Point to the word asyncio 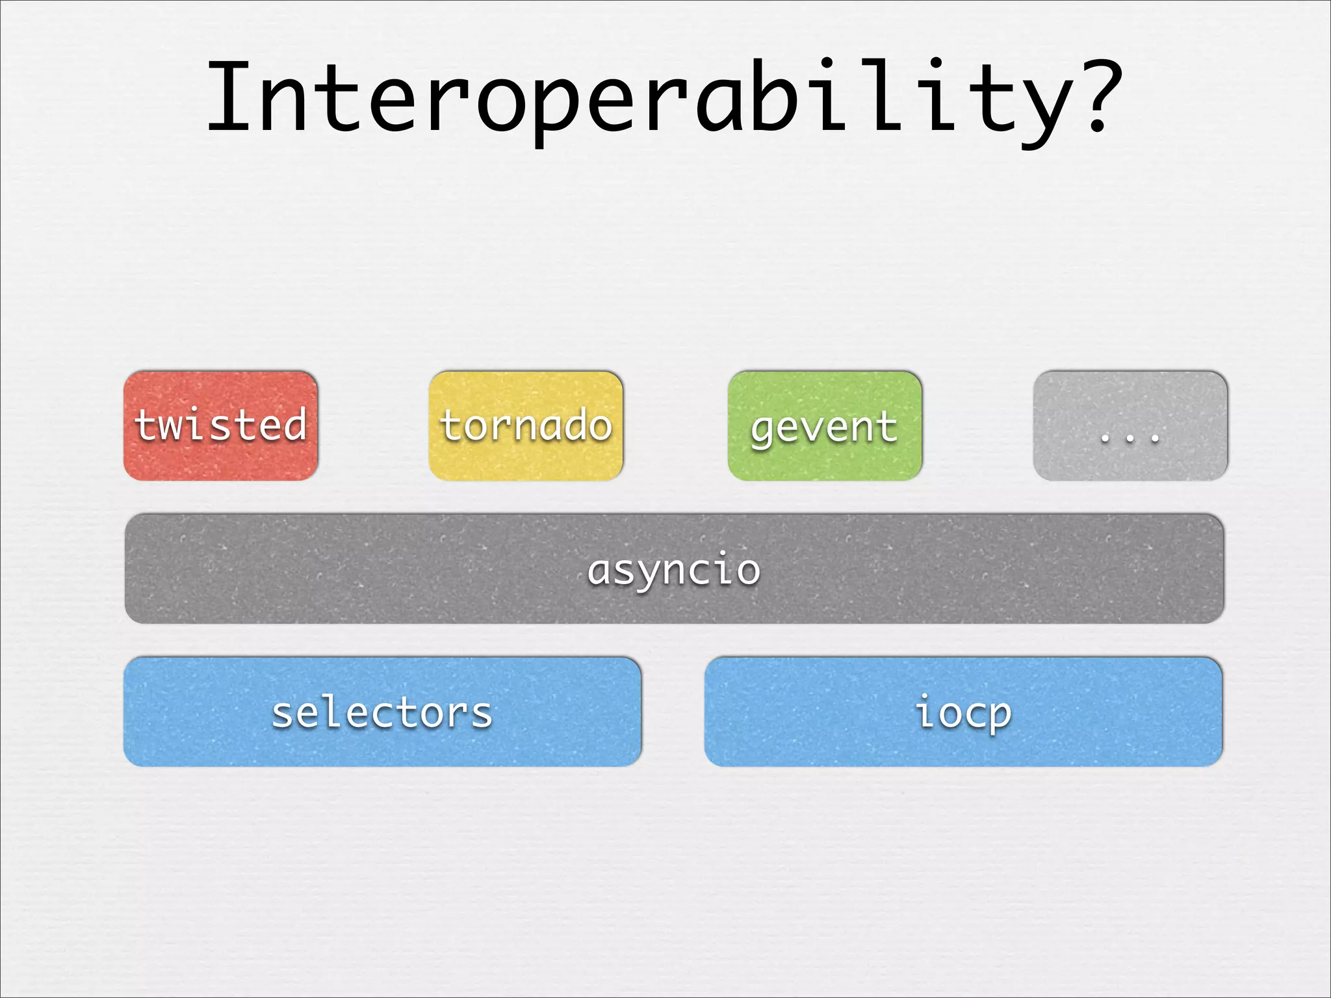tap(674, 570)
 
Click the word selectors tap(382, 713)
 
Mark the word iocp tap(963, 713)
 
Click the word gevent tap(824, 428)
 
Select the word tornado tap(526, 426)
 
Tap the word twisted tap(220, 425)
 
